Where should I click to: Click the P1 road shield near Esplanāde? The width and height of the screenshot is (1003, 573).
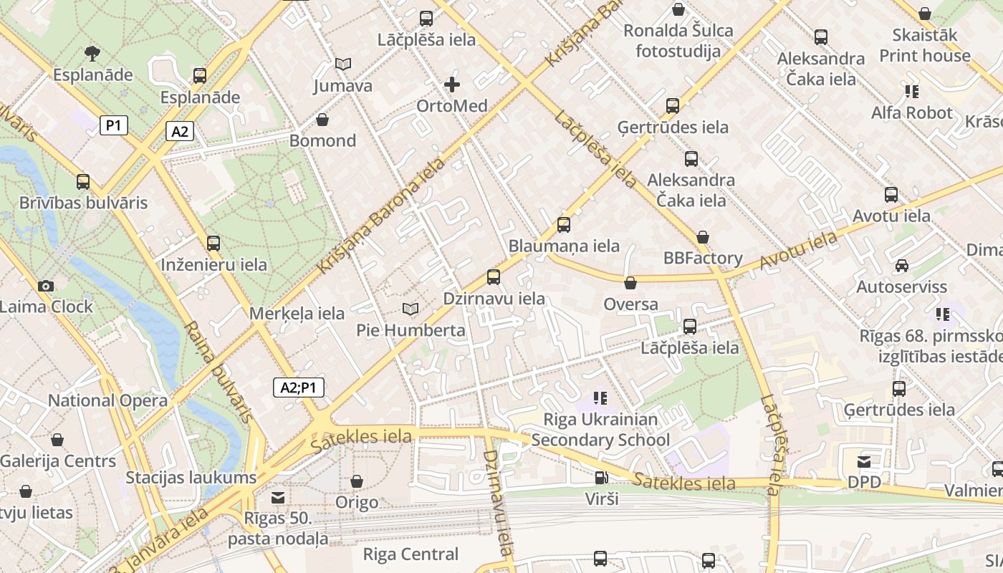[x=113, y=125]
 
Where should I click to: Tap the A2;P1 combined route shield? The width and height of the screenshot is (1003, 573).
[x=299, y=387]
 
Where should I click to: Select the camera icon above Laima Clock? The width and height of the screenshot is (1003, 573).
[x=46, y=286]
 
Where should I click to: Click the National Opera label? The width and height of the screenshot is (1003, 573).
[x=107, y=400]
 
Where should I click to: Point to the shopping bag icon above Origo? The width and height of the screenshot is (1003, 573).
[x=356, y=481]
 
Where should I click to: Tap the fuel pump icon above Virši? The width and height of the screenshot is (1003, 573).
[x=601, y=478]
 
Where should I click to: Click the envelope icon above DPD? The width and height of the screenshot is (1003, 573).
[x=864, y=462]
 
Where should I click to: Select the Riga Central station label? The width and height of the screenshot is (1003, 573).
[x=411, y=554]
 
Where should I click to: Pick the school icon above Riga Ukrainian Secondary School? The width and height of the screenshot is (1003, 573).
[x=600, y=398]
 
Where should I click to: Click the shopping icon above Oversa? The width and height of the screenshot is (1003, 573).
[x=630, y=283]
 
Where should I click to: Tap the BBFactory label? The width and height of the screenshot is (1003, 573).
[x=702, y=258]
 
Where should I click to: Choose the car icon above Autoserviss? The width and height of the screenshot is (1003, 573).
[x=901, y=266]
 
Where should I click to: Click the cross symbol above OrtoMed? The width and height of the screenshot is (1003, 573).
[x=452, y=85]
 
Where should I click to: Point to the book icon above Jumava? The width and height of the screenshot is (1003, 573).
[x=343, y=64]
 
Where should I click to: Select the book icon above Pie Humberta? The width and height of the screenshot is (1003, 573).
[x=411, y=309]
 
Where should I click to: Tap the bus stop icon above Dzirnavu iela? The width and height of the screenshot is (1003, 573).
[x=494, y=277]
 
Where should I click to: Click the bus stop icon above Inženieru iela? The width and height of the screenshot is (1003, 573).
[x=213, y=244]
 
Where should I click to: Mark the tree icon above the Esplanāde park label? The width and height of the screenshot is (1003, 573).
[x=92, y=53]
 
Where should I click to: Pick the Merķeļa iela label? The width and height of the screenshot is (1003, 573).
[x=297, y=313]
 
